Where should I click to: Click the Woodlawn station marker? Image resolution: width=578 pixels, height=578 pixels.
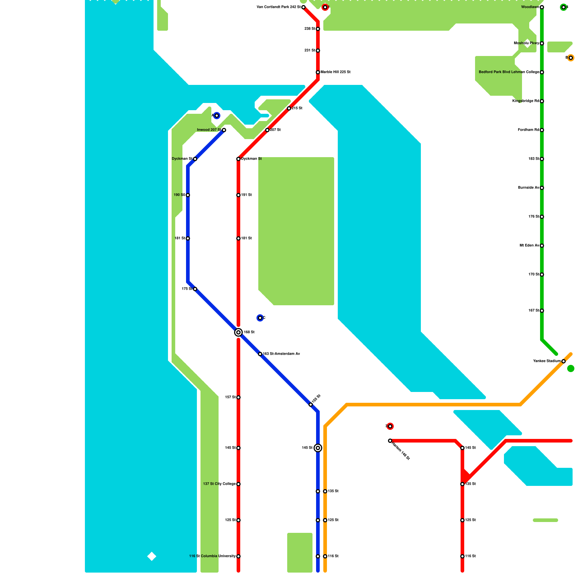click(542, 7)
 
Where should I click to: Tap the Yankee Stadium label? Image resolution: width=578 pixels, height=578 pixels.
click(547, 361)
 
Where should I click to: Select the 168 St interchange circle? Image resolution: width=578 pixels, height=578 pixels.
click(238, 332)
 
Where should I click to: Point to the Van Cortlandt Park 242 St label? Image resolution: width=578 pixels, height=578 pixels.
click(278, 7)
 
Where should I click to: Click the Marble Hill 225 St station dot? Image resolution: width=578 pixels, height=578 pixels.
click(318, 72)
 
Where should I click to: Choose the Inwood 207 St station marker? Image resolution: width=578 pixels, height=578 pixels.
click(224, 130)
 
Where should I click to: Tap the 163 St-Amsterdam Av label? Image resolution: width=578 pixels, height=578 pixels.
click(281, 354)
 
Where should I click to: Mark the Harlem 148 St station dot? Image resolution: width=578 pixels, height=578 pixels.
click(390, 441)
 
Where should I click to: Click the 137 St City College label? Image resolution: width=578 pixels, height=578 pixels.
click(219, 484)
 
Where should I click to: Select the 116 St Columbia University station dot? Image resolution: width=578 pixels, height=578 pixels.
click(238, 556)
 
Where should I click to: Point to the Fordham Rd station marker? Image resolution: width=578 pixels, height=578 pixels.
click(542, 130)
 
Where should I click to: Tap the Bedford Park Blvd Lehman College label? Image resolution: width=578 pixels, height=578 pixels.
click(509, 72)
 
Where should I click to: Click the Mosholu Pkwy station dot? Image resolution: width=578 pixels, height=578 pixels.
click(542, 43)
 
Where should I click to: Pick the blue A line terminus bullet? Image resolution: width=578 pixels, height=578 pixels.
click(217, 116)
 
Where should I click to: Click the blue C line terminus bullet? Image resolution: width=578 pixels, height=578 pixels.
click(260, 318)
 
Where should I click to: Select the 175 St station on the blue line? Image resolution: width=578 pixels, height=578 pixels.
click(195, 289)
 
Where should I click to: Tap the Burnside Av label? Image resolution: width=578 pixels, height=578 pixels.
click(529, 188)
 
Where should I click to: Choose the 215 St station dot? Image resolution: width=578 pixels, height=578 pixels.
click(289, 108)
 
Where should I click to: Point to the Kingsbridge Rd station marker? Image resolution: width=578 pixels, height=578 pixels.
click(542, 101)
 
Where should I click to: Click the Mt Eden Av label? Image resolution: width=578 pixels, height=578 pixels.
click(529, 246)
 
